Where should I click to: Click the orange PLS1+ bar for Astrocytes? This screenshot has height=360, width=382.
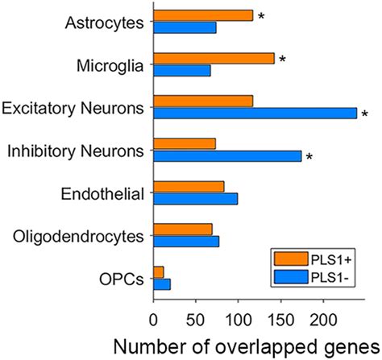tap(203, 15)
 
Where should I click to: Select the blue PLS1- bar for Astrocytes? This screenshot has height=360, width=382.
tap(185, 27)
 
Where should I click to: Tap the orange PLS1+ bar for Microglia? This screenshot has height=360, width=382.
tap(214, 58)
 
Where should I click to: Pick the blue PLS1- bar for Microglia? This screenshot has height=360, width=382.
tap(182, 70)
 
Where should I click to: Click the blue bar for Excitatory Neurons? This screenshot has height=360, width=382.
tap(255, 113)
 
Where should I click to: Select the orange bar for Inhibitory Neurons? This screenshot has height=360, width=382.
tap(185, 144)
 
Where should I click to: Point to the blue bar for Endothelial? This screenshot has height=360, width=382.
tap(195, 198)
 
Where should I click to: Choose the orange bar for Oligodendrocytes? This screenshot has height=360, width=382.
tap(183, 230)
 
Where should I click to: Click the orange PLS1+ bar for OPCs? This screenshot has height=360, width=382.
tap(159, 272)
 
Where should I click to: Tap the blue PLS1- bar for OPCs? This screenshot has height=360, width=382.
tap(162, 283)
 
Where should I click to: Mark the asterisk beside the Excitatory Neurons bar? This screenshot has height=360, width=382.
tap(365, 115)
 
